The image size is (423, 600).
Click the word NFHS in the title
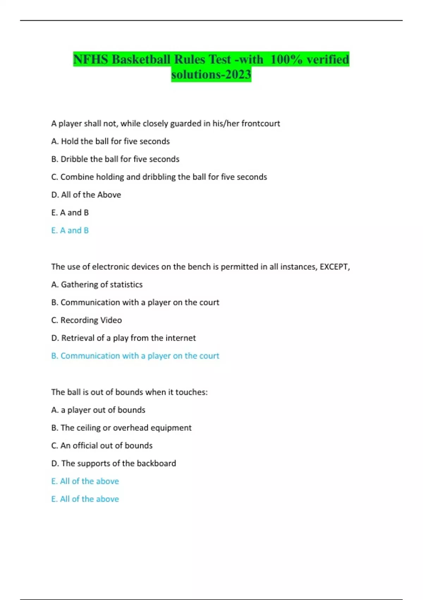[91, 59]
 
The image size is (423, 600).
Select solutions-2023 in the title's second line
[211, 74]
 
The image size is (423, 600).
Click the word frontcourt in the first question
[260, 124]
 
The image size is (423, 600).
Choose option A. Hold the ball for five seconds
[110, 141]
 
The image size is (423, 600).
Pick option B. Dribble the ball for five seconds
[115, 159]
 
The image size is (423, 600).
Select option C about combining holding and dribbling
[159, 177]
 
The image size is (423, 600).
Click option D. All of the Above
[86, 195]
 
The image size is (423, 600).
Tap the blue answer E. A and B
[70, 230]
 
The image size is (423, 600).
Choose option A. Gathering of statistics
[97, 284]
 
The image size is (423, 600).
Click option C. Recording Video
[86, 320]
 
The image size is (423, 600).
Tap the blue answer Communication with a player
[135, 356]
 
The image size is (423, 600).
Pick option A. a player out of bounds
[98, 410]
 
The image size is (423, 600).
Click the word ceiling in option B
[88, 428]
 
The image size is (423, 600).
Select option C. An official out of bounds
[102, 445]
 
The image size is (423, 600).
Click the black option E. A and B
[70, 212]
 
